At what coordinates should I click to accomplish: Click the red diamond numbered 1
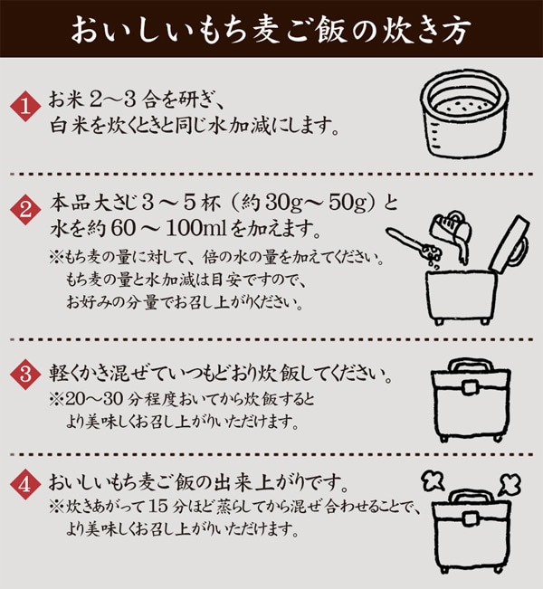click(25, 107)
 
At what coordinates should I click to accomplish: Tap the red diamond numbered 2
click(25, 210)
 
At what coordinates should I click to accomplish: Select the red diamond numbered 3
click(25, 375)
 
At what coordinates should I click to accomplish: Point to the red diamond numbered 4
click(25, 485)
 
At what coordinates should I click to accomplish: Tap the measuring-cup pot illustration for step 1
click(466, 117)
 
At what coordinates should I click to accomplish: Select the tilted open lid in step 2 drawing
click(510, 243)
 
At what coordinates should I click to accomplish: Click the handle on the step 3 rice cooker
click(472, 366)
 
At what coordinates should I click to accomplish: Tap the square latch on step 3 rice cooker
click(469, 386)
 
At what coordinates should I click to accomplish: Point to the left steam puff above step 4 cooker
click(433, 481)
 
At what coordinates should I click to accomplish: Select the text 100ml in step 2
click(196, 228)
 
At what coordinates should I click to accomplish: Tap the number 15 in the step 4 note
click(157, 507)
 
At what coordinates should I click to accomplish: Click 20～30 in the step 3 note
click(94, 399)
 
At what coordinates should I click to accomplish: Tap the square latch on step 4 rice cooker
click(470, 518)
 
